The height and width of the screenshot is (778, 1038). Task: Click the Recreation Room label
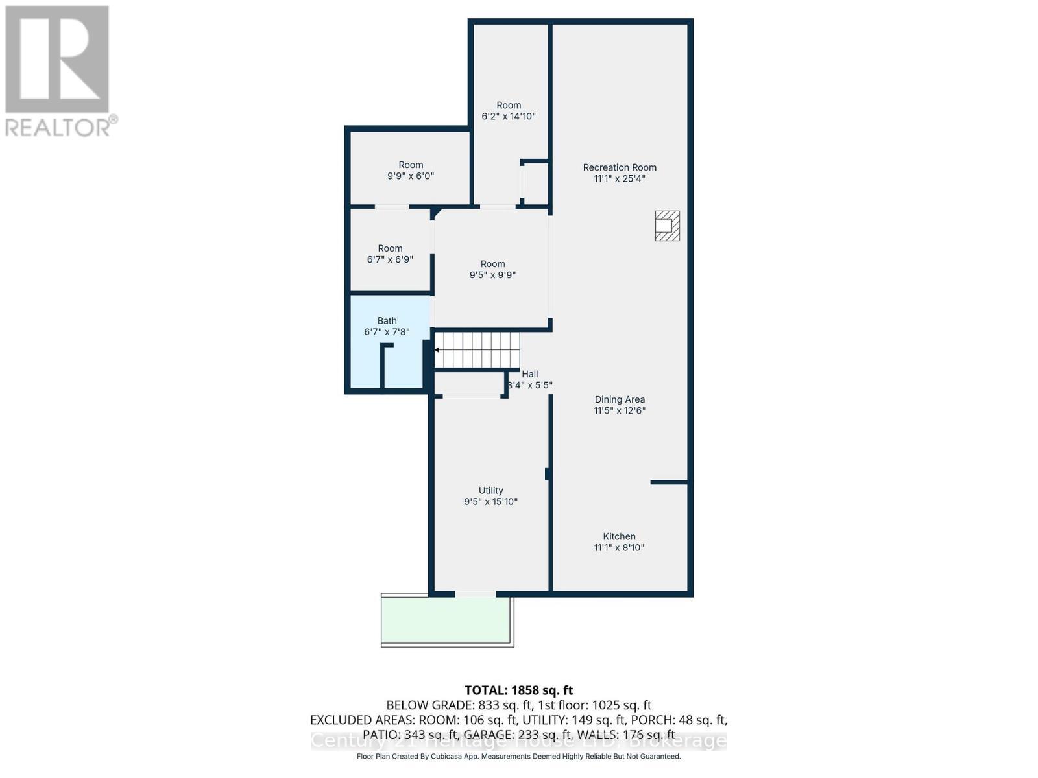(x=620, y=167)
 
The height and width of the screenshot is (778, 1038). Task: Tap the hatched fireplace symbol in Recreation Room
(x=668, y=226)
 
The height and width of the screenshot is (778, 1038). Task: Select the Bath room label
(x=387, y=320)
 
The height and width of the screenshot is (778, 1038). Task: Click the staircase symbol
(x=477, y=350)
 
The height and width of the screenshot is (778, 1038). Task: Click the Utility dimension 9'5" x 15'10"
(x=490, y=502)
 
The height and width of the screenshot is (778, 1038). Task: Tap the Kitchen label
(x=620, y=536)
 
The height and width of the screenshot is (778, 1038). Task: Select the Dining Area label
(x=620, y=399)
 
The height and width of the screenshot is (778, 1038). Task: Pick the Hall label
(x=530, y=374)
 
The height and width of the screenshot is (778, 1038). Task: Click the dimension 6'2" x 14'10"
(x=509, y=117)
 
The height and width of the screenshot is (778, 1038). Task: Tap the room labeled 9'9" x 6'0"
(x=411, y=170)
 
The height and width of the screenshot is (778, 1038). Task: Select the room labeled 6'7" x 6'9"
(x=390, y=253)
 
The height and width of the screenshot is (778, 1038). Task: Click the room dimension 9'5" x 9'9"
(x=492, y=275)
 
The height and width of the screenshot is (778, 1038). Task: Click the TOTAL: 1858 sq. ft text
(x=518, y=690)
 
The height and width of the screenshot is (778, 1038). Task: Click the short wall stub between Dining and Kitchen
(x=669, y=482)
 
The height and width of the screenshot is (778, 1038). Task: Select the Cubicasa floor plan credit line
(x=518, y=757)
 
